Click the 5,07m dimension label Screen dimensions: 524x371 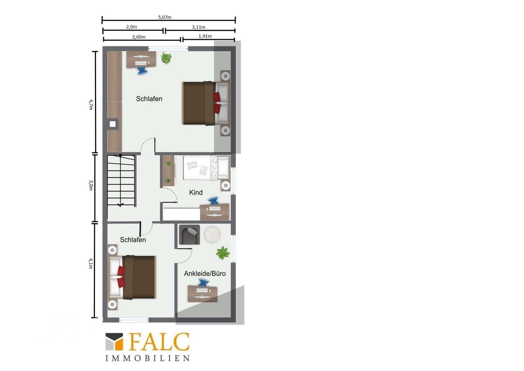(x=165, y=17)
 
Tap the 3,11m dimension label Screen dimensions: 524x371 (x=199, y=27)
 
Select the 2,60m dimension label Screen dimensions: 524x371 (x=139, y=37)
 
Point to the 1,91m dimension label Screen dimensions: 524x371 (x=205, y=36)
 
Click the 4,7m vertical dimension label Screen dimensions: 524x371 (x=91, y=104)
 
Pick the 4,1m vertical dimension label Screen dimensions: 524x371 (x=91, y=263)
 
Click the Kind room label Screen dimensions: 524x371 (x=196, y=192)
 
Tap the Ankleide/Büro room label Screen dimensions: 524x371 (x=205, y=273)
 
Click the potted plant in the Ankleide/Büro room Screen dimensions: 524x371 (x=223, y=253)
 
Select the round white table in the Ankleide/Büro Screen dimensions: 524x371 (x=212, y=234)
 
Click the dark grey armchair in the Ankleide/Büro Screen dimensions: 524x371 (x=189, y=235)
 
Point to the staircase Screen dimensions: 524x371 (x=121, y=180)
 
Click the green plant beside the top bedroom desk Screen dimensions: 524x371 (x=166, y=58)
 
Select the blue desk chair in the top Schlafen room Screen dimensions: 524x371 (x=142, y=70)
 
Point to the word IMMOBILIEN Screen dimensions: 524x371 (x=147, y=358)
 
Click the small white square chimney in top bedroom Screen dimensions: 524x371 (x=113, y=124)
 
